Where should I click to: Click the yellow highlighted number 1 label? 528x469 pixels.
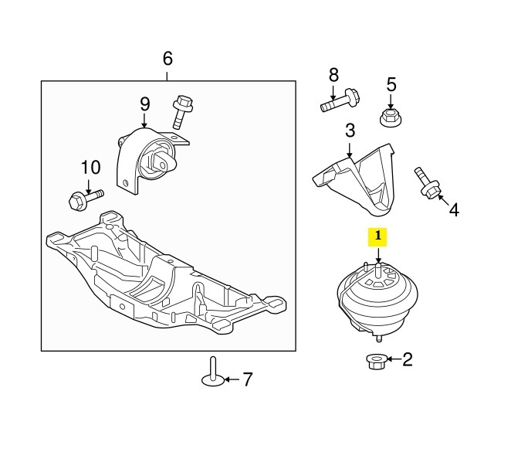tap(377, 237)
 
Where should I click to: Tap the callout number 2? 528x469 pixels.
tap(408, 359)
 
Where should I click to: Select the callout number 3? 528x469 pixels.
tap(350, 131)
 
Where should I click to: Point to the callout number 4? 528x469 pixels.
tap(454, 209)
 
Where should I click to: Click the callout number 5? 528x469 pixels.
tap(391, 85)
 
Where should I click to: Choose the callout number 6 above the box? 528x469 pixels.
tap(168, 58)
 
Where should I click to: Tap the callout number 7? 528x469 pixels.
tap(248, 379)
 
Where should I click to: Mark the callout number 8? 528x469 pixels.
tap(333, 75)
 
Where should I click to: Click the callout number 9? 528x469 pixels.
tap(145, 104)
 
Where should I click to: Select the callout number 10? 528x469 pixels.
tap(91, 167)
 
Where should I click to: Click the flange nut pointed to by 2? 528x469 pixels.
tap(376, 362)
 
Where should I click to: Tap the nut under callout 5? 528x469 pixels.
tap(391, 117)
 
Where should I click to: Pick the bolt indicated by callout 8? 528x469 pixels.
tap(340, 100)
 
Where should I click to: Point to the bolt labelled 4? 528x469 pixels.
tap(428, 183)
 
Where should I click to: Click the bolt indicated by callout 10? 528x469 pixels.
tap(86, 199)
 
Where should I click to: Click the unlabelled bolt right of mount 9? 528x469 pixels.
tap(182, 112)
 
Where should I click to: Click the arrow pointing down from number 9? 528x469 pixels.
tap(144, 121)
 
